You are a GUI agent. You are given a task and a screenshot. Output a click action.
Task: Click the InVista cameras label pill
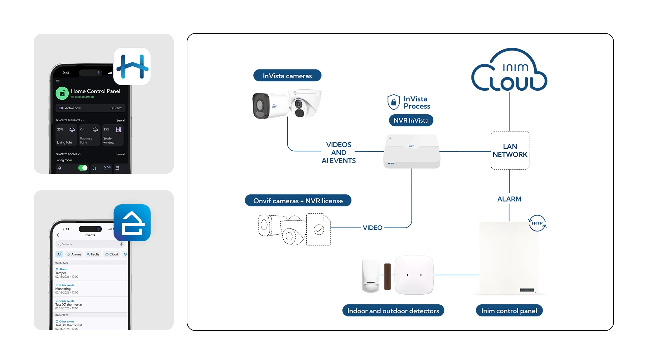click(287, 75)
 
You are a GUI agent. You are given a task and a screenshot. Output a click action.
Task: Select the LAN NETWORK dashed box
click(510, 150)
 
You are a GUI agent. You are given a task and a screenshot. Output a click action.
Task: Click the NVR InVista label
click(411, 120)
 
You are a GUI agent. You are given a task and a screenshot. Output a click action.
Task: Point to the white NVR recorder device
click(411, 151)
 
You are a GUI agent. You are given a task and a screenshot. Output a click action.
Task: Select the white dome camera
click(304, 103)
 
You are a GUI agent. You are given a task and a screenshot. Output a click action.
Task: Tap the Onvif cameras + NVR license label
click(298, 201)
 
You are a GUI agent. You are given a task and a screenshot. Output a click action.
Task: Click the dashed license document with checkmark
click(318, 230)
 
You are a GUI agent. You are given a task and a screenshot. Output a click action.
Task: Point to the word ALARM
click(509, 199)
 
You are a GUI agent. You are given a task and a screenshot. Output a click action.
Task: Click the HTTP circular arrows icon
click(537, 223)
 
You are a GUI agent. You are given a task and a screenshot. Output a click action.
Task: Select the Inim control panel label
click(509, 311)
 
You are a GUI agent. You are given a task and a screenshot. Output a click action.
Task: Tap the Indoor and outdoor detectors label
click(393, 311)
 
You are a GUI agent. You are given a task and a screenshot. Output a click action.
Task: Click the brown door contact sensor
click(388, 276)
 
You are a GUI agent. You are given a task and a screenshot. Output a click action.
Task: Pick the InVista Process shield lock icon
click(394, 102)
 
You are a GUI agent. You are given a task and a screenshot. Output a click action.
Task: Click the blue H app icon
click(132, 66)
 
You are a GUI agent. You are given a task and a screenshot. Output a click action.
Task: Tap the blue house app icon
click(132, 223)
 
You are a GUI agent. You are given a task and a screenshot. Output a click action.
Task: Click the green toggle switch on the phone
click(83, 168)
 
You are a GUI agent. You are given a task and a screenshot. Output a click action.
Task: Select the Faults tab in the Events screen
click(93, 254)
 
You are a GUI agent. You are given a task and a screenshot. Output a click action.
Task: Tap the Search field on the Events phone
click(89, 244)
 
